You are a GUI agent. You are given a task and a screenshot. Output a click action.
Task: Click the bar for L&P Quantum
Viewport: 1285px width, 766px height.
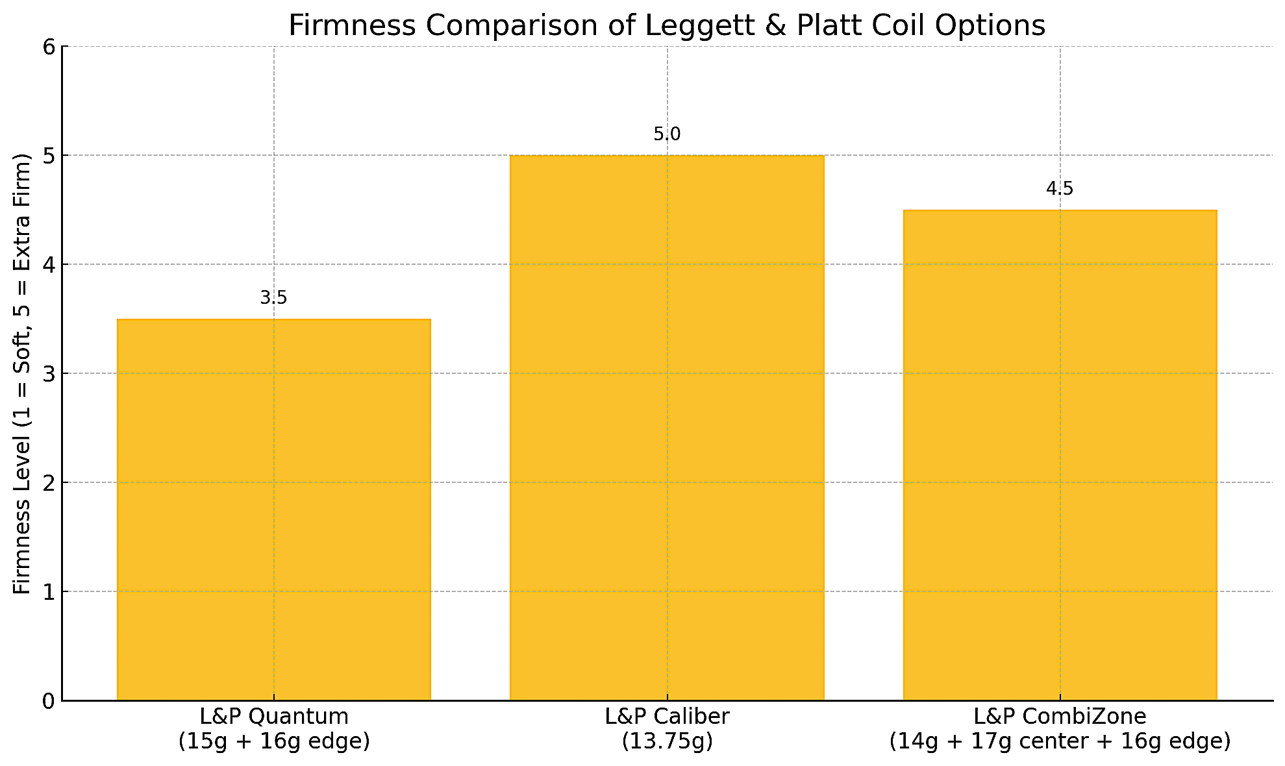click(x=273, y=510)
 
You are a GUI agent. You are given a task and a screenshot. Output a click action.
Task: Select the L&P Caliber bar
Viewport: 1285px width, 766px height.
click(x=667, y=428)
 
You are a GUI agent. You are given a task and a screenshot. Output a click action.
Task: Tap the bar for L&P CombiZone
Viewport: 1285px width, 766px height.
click(x=1060, y=455)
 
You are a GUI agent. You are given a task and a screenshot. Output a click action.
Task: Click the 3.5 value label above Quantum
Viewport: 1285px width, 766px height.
click(x=273, y=298)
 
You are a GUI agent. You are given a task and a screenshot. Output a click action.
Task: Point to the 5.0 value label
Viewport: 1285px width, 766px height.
click(x=667, y=134)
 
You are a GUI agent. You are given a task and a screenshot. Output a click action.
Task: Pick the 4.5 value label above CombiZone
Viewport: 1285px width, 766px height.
click(x=1060, y=189)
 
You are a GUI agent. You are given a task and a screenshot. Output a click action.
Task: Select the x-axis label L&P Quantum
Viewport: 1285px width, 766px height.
click(x=273, y=717)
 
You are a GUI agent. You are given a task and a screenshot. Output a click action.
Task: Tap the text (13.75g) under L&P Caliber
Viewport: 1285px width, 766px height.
click(x=667, y=741)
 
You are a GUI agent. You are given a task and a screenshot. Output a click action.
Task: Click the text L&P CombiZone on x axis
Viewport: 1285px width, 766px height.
click(x=1060, y=717)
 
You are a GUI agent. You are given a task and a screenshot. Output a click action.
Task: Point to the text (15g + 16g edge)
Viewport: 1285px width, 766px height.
click(x=273, y=741)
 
